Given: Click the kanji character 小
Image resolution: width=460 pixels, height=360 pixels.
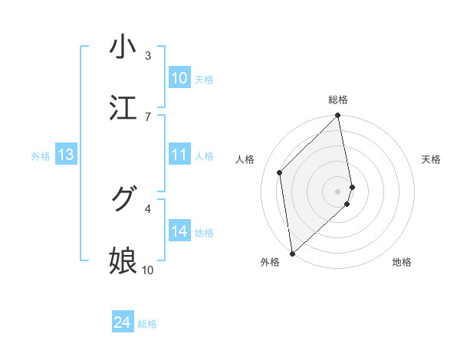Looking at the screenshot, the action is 123,47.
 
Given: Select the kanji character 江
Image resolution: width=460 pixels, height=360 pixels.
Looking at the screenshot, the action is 123,108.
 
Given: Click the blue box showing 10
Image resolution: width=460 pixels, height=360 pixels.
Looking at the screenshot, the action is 179,78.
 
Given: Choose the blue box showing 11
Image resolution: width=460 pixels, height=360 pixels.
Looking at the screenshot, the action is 179,155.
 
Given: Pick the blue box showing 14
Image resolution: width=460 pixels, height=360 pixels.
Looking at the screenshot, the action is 179,231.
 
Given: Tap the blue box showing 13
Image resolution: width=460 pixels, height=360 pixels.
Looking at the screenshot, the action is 66,155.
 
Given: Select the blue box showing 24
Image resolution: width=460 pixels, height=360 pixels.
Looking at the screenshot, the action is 123,322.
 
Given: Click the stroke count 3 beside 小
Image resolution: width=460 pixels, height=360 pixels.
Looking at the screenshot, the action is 148,56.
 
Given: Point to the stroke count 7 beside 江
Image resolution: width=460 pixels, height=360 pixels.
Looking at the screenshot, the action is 148,116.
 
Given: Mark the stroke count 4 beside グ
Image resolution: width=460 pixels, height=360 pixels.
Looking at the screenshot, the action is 148,208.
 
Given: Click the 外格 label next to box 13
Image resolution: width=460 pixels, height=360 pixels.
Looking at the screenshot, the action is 41,156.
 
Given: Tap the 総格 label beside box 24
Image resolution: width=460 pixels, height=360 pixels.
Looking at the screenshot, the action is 147,324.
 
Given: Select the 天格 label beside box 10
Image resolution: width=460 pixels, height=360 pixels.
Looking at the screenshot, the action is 204,80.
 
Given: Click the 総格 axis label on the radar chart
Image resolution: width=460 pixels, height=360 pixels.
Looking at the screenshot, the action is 338,100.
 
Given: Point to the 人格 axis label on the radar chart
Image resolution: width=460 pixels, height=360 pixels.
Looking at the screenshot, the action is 245,159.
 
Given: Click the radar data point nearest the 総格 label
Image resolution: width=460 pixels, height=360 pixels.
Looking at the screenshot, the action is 338,116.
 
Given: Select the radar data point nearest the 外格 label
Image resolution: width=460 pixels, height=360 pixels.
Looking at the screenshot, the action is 292,253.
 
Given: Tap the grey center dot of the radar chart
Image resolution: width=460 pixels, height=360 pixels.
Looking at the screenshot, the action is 338,191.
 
